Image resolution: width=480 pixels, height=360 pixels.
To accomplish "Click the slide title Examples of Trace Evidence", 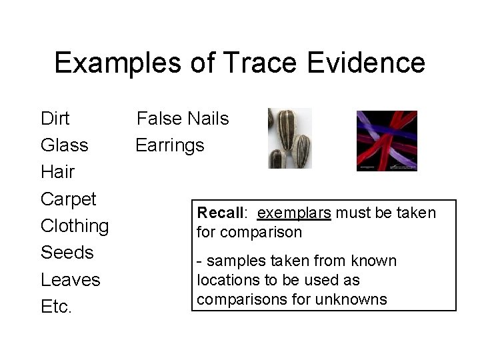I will coord(239,63).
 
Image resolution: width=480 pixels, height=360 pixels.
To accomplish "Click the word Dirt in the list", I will coord(56,119).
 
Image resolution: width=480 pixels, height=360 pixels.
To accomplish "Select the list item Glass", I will coord(65,145).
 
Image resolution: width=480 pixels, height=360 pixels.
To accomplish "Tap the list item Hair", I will coord(57,172).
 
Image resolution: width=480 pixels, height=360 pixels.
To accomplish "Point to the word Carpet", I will coord(69,199).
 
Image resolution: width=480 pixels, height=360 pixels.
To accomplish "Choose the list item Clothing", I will coord(75,226).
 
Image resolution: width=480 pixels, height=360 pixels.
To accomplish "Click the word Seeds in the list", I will coord(67,253).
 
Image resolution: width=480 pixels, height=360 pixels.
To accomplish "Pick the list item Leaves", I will coord(70,279).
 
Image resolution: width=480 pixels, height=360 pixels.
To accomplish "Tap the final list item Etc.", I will coord(57,306).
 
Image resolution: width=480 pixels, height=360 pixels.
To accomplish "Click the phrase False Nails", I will coord(183,119).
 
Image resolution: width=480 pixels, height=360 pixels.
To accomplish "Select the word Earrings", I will coord(170,145).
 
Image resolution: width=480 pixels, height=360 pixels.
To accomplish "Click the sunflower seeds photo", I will coord(289,139).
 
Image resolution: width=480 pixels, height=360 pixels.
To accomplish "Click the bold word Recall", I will coord(221,213).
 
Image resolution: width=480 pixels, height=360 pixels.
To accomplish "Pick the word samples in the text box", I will coord(232,261).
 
